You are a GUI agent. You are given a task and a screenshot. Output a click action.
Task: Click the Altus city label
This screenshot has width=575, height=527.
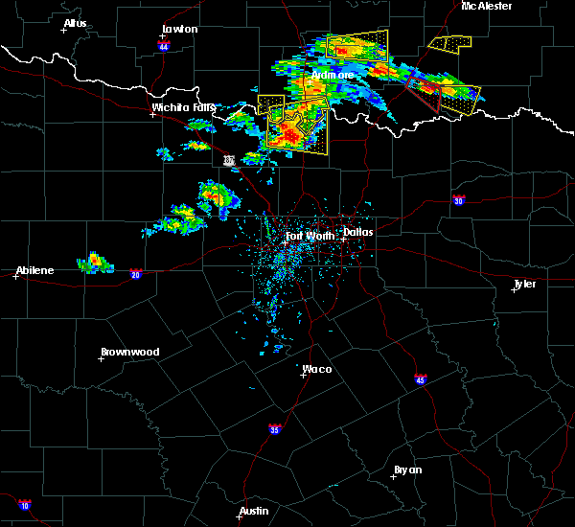pyautogui.click(x=75, y=23)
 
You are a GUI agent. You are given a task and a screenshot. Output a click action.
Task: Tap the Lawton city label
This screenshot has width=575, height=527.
pyautogui.click(x=179, y=29)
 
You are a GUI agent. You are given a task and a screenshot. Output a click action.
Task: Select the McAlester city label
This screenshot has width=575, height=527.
pyautogui.click(x=486, y=6)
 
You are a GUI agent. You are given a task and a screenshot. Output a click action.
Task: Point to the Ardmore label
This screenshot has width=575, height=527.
pyautogui.click(x=333, y=75)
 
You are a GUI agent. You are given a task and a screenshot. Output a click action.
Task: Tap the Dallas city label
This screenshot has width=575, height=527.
pyautogui.click(x=359, y=231)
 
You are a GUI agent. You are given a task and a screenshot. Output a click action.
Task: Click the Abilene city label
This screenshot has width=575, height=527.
pyautogui.click(x=34, y=270)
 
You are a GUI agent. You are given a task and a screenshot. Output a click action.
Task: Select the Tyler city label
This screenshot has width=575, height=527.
pyautogui.click(x=525, y=284)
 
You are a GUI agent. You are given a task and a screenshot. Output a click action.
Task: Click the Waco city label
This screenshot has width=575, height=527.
pyautogui.click(x=317, y=368)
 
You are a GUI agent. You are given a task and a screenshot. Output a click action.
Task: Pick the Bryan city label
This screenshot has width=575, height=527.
pyautogui.click(x=408, y=470)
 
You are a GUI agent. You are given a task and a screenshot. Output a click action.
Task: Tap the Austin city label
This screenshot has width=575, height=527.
pyautogui.click(x=253, y=511)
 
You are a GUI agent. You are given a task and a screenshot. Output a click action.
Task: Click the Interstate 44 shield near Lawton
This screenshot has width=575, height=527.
pyautogui.click(x=164, y=45)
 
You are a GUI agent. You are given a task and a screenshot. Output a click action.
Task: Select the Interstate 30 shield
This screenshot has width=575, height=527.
pyautogui.click(x=459, y=200)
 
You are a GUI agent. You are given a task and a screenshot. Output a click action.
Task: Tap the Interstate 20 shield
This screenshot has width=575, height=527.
pyautogui.click(x=136, y=273)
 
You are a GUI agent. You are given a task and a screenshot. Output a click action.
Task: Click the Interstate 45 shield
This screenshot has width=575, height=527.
pyautogui.click(x=421, y=379)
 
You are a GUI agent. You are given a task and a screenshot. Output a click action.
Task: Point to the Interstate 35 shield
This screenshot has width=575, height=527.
pyautogui.click(x=275, y=428)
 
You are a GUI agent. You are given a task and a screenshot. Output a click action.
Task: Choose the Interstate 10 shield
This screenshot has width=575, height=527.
pyautogui.click(x=24, y=505)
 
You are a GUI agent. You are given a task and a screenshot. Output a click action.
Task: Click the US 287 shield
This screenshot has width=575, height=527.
pyautogui.click(x=228, y=160)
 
